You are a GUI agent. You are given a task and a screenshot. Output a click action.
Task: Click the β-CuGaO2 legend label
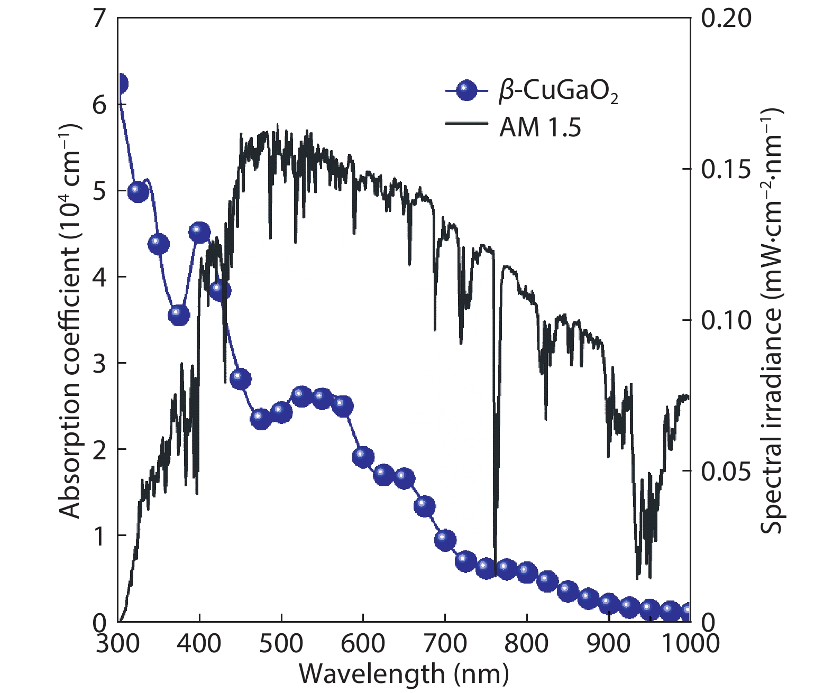point(559,92)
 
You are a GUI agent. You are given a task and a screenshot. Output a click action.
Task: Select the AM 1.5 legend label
point(540,127)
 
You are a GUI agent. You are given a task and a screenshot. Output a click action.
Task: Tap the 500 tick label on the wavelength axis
point(281,643)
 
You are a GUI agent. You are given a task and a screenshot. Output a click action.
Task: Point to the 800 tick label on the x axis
point(526,643)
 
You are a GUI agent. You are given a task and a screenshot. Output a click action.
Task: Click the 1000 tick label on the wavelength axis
point(689,643)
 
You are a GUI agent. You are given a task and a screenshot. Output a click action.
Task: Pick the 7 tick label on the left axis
point(99,20)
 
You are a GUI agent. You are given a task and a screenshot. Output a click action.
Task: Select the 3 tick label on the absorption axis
point(99,364)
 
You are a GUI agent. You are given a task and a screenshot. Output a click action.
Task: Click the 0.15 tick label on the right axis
point(726,169)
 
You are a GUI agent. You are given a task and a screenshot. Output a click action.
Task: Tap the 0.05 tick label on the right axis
point(726,471)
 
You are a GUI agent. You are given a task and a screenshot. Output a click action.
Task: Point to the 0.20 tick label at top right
point(726,19)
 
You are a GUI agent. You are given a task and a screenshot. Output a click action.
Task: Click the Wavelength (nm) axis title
point(404,674)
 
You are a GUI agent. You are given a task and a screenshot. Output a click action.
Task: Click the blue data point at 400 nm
point(199,232)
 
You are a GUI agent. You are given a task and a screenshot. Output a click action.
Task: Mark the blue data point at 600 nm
point(363,456)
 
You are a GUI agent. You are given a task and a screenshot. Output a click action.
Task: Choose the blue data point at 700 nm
point(445,540)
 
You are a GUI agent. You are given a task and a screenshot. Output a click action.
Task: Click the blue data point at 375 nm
point(179,315)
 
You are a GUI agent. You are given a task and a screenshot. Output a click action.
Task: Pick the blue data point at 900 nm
point(609,603)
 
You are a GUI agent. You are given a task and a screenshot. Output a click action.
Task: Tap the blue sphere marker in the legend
point(466,91)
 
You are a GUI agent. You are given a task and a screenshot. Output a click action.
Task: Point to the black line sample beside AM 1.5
point(466,123)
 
